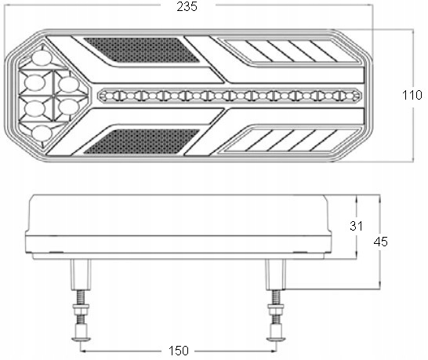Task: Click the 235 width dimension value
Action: tap(187, 6)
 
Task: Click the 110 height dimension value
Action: tap(412, 95)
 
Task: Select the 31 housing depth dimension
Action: tap(356, 226)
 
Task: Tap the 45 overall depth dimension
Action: tap(380, 242)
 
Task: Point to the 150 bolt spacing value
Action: tap(179, 351)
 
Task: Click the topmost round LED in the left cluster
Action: tap(42, 58)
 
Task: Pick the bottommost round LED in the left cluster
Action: tap(42, 133)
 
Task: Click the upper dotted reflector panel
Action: tap(142, 50)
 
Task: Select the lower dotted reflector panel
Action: tap(142, 141)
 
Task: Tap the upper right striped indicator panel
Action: tap(292, 51)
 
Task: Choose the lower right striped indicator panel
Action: tap(292, 140)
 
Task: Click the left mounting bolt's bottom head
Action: tap(81, 339)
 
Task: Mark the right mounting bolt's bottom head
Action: tap(276, 339)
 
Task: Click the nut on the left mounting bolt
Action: tap(81, 309)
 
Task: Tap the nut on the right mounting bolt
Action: tap(276, 309)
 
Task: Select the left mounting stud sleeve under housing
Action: tap(81, 275)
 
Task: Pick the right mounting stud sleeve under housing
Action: tap(276, 275)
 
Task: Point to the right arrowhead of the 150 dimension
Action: tap(274, 351)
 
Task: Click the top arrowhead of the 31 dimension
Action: tap(357, 198)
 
